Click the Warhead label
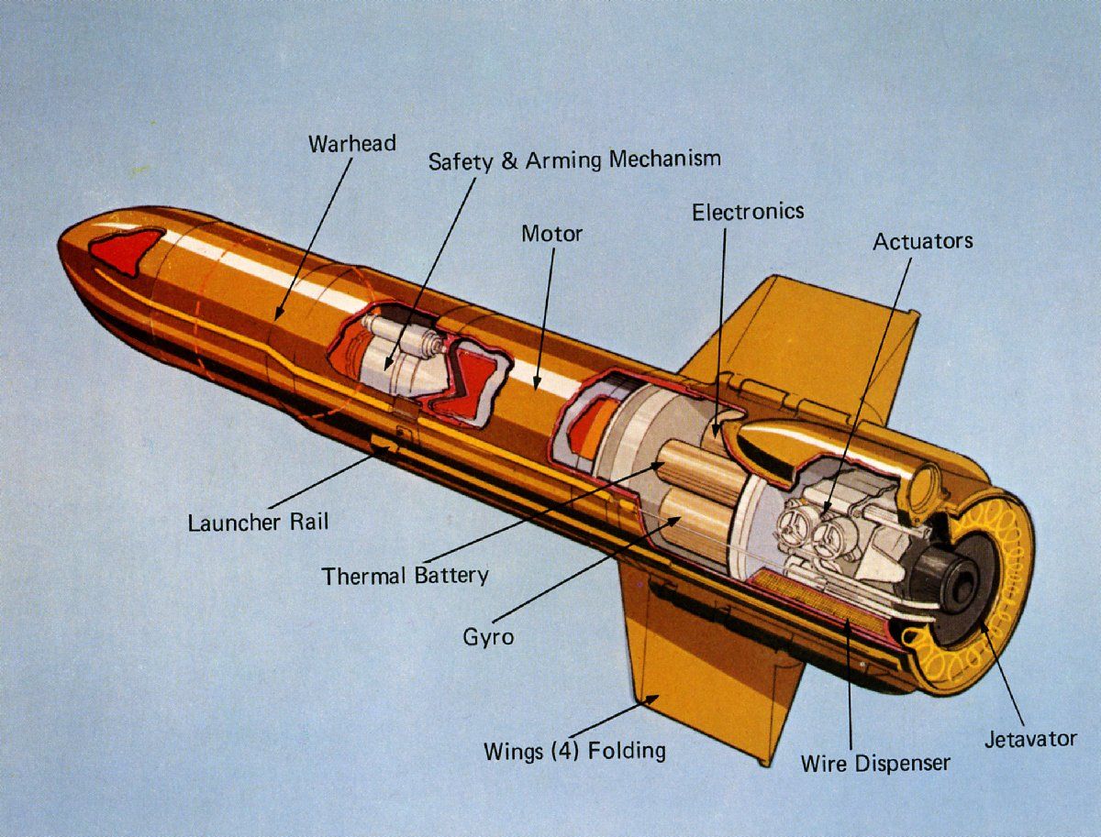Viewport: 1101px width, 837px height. [352, 144]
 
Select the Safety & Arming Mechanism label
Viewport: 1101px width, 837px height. [574, 160]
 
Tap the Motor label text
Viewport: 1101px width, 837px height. [551, 234]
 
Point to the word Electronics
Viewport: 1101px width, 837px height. [748, 213]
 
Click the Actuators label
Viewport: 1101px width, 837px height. [922, 242]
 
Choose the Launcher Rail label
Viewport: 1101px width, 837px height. [258, 523]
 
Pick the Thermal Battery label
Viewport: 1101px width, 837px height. [405, 577]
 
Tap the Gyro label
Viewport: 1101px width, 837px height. [488, 637]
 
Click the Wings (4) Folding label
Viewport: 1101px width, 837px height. [574, 751]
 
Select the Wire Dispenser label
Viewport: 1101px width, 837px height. [874, 763]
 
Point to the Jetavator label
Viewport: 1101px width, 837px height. [1030, 739]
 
